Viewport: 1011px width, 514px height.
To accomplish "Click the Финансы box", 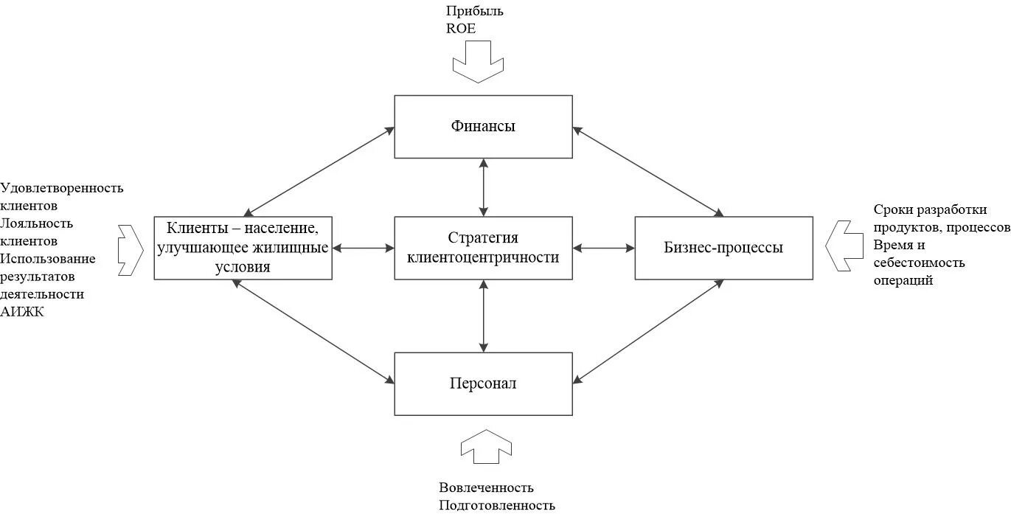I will (483, 126).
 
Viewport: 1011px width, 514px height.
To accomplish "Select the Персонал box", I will (483, 383).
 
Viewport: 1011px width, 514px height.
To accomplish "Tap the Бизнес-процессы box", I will (723, 248).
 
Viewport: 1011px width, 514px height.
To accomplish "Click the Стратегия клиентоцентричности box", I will (483, 248).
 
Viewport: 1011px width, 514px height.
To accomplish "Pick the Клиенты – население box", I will (243, 248).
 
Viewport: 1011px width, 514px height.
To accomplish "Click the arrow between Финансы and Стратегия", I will (483, 187).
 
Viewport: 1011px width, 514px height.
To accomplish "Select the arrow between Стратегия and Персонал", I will (483, 316).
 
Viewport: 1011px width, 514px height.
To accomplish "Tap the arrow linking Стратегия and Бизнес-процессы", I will (603, 248).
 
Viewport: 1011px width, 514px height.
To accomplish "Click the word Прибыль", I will (475, 11).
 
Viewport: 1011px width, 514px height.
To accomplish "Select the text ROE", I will (461, 29).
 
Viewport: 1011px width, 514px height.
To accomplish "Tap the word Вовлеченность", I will (486, 487).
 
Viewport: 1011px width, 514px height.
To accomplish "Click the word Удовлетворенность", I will (63, 188).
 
